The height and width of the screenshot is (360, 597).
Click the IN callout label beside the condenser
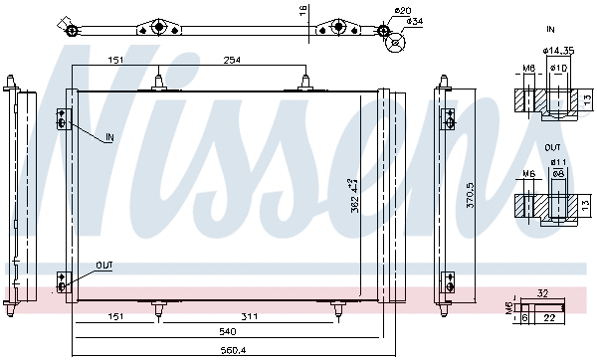(108, 136)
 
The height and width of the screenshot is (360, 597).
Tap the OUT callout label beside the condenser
(104, 266)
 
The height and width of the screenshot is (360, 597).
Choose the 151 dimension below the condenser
(115, 318)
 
